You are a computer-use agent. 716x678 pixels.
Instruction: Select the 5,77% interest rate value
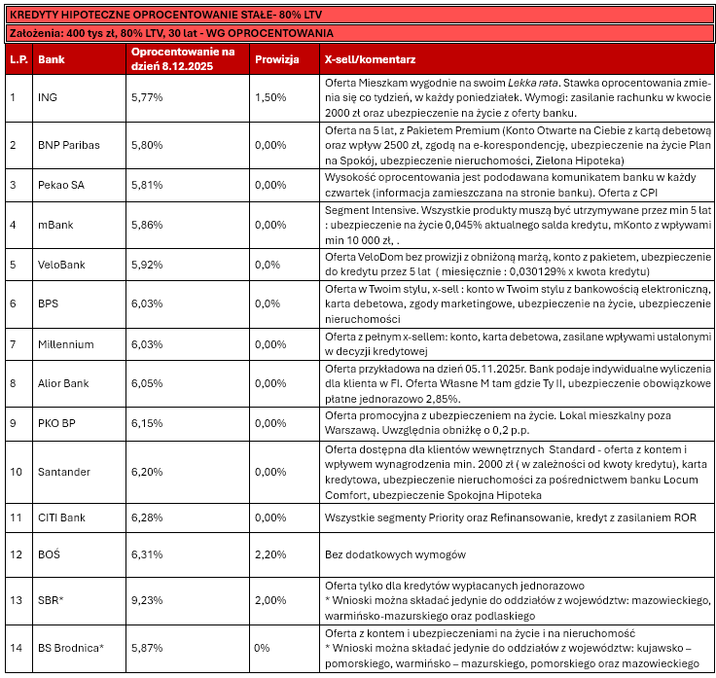(147, 98)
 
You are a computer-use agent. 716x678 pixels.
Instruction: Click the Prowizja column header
(275, 59)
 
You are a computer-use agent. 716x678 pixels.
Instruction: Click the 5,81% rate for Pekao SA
(147, 185)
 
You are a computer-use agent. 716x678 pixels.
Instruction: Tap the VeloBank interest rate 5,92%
(147, 263)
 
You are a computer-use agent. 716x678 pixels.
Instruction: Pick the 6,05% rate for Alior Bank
(147, 383)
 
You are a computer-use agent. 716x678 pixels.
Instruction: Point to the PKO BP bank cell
(56, 423)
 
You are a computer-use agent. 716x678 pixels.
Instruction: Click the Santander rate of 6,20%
(147, 472)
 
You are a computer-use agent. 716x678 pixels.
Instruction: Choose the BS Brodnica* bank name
(70, 647)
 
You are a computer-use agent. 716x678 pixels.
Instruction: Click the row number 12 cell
(15, 554)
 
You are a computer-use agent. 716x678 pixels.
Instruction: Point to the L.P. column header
(17, 59)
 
